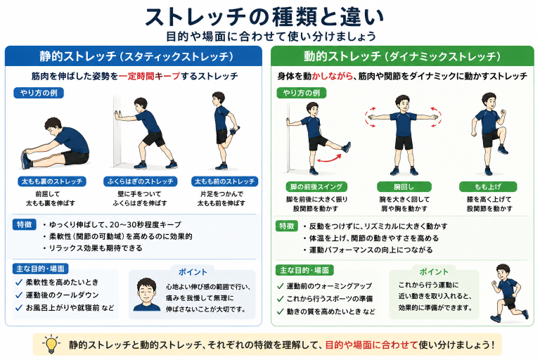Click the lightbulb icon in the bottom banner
coord(51,344)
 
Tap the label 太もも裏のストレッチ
coord(52,181)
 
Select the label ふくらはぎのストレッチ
coord(140,181)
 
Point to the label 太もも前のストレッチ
coord(224,181)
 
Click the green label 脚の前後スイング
coord(316,187)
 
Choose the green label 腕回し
coord(404,187)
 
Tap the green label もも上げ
coord(488,187)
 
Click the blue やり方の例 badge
coord(39,93)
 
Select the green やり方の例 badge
coord(302,93)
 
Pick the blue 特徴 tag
coord(25,224)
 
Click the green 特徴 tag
coord(287,226)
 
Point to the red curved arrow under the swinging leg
coord(329,158)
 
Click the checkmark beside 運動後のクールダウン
coord(19,295)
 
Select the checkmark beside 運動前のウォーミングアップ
coord(281,286)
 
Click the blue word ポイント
coord(193,272)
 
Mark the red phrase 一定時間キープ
coord(150,76)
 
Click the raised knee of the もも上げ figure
coord(502,130)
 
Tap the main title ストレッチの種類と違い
coord(264,17)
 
